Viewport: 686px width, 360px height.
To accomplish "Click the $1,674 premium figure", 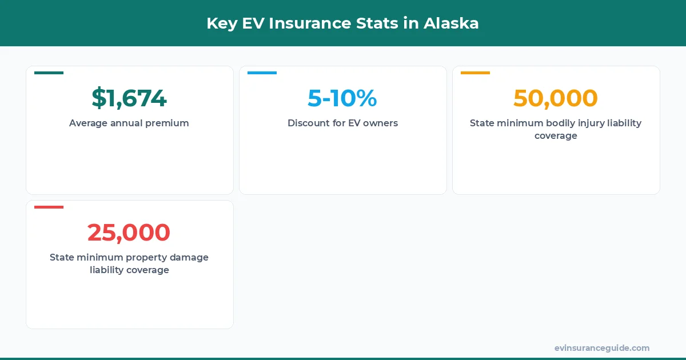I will [x=129, y=98].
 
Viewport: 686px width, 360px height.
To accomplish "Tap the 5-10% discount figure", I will [x=342, y=98].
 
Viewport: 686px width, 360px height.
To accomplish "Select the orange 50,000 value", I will [x=556, y=98].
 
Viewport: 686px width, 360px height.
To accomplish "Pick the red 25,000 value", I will [x=129, y=233].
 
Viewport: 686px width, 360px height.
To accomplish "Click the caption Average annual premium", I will [x=129, y=123].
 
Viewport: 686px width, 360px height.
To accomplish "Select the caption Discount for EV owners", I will [x=342, y=123].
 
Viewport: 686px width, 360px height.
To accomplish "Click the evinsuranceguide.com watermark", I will [x=601, y=348].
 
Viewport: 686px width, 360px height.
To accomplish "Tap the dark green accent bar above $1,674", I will [x=49, y=73].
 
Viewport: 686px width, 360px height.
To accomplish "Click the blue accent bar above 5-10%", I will [x=262, y=73].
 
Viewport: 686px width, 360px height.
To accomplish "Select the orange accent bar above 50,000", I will [x=475, y=73].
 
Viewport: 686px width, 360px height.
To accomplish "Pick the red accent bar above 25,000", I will [x=49, y=207].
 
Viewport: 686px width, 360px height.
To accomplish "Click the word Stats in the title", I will [x=393, y=23].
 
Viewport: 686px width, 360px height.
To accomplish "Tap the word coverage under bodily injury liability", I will [x=556, y=136].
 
